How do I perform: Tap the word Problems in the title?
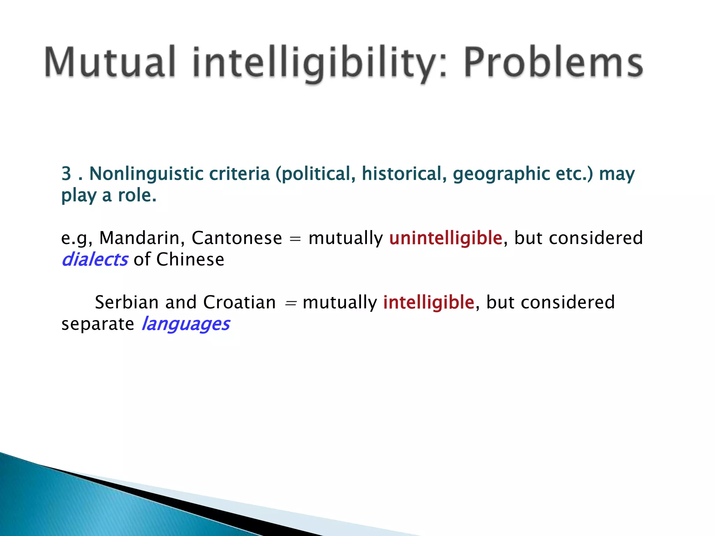click(553, 62)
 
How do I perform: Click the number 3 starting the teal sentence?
click(66, 173)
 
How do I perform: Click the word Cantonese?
click(237, 238)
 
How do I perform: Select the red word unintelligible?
click(445, 238)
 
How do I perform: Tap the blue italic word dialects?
click(95, 260)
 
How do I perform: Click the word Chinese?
click(190, 260)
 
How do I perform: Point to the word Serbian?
click(126, 302)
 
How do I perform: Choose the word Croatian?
click(239, 302)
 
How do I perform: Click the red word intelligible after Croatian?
click(428, 302)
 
